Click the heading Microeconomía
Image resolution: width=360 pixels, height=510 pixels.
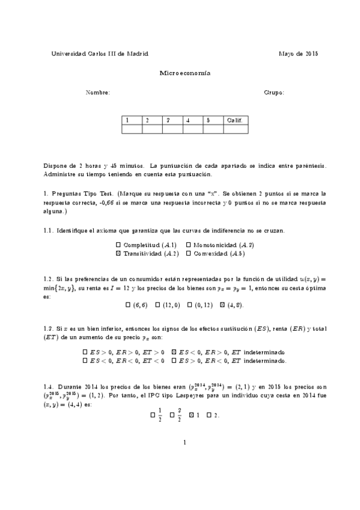click(185, 73)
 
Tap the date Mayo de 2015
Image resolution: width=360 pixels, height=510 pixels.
click(298, 54)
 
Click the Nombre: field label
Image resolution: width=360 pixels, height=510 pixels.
click(98, 93)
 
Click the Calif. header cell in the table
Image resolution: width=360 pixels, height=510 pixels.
click(234, 120)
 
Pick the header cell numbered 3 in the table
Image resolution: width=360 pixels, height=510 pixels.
click(172, 120)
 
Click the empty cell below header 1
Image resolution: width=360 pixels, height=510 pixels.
click(132, 129)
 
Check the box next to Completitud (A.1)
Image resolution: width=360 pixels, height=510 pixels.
click(118, 245)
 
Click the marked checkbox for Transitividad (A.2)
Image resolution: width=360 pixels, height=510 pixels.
click(118, 254)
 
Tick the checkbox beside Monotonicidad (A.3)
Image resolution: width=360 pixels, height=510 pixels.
click(189, 245)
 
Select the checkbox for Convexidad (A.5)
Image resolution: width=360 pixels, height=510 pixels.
click(189, 254)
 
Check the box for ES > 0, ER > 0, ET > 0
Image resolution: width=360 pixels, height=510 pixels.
click(85, 352)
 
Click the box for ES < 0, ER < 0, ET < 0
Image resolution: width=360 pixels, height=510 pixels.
click(85, 361)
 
